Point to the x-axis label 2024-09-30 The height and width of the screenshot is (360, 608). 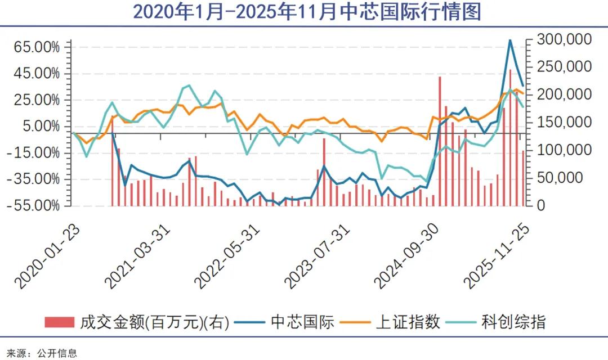click(x=408, y=256)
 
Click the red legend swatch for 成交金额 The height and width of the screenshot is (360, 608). click(x=59, y=322)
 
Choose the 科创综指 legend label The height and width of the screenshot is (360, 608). click(x=513, y=322)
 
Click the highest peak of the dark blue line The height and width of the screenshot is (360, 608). click(x=510, y=40)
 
